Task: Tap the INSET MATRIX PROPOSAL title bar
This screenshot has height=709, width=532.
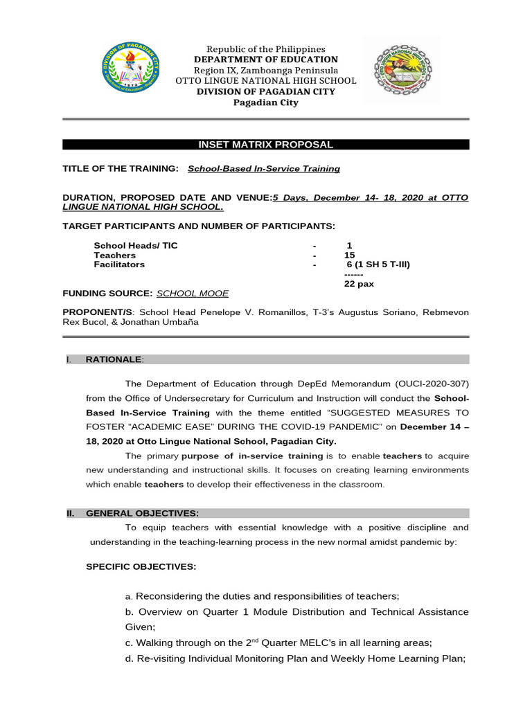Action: click(x=266, y=145)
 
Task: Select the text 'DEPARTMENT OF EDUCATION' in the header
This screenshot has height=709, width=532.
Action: click(x=266, y=60)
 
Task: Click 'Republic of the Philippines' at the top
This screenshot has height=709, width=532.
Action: click(x=266, y=49)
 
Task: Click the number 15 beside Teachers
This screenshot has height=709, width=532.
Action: click(x=349, y=255)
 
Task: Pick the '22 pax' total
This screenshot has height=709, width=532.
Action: click(x=358, y=284)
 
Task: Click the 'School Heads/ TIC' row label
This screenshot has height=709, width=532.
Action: click(x=136, y=246)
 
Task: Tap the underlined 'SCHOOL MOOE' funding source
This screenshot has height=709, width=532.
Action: click(x=193, y=294)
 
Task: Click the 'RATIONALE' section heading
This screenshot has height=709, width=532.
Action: click(x=114, y=359)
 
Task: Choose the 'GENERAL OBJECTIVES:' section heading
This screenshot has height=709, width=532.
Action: click(x=142, y=513)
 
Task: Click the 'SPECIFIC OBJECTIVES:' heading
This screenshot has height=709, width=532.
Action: click(x=141, y=566)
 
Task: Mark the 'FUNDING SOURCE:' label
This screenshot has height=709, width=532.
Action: click(x=107, y=294)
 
